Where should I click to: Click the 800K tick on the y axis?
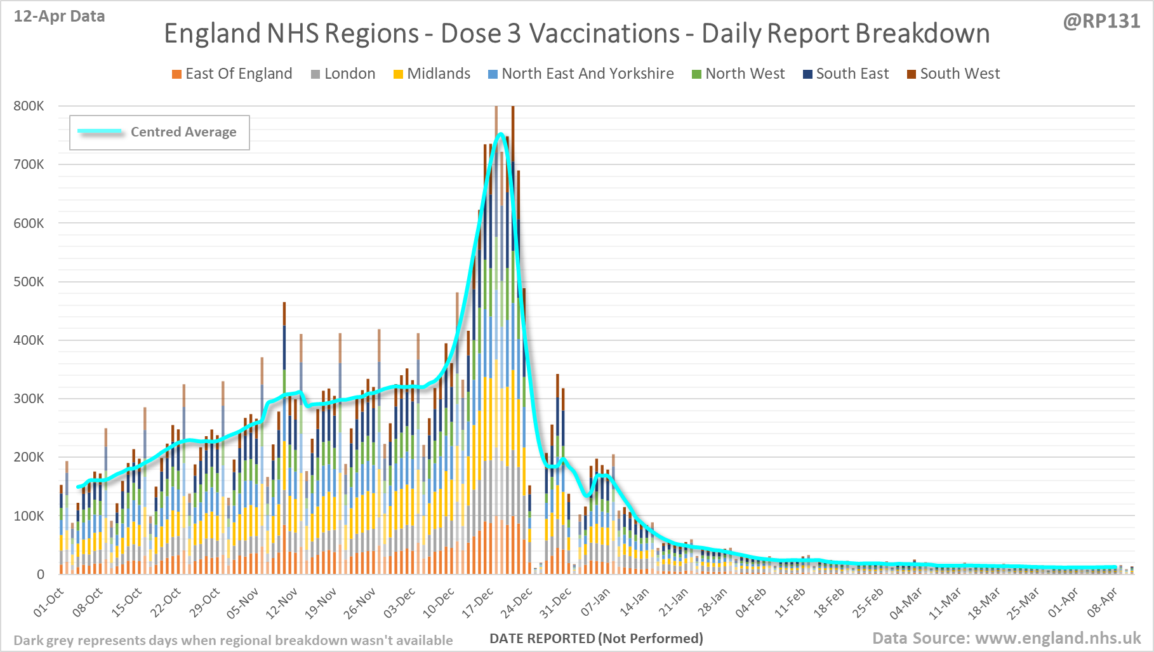coord(29,106)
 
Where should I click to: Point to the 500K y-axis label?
coord(29,282)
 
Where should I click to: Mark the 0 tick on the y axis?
coord(41,575)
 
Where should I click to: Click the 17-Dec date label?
coord(477,603)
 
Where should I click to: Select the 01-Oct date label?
coord(49,603)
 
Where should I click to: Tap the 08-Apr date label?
coord(1102,603)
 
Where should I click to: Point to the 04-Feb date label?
coord(751,603)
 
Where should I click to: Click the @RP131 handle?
coord(1101,21)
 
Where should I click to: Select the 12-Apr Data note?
coord(59,17)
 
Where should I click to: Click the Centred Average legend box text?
coord(183,132)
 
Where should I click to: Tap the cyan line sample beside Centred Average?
coord(100,132)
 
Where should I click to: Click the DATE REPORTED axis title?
coord(596,638)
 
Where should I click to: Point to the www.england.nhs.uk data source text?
coord(1058,638)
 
